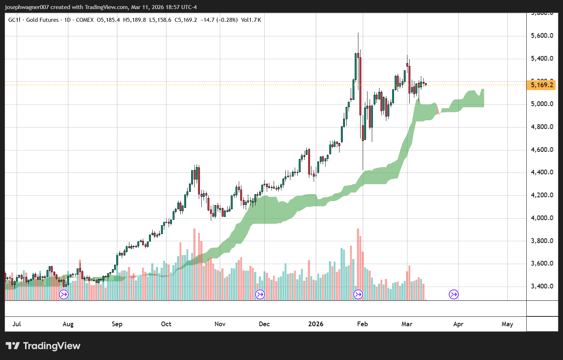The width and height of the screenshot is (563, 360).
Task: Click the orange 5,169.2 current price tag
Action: point(542,85)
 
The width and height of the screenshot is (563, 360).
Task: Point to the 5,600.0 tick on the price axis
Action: point(542,36)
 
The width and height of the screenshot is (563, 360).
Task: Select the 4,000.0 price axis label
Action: point(542,218)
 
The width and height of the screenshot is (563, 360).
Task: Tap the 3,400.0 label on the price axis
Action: point(542,286)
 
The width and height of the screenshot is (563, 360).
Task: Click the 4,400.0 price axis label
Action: point(542,172)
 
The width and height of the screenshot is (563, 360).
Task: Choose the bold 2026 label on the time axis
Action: point(315,324)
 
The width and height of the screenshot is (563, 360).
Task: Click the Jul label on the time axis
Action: point(17,324)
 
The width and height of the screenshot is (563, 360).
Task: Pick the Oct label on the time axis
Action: point(166,324)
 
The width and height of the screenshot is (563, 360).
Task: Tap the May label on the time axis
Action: point(507,324)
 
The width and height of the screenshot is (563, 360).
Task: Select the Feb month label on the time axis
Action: point(362,324)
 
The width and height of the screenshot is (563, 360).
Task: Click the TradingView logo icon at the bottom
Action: point(13,346)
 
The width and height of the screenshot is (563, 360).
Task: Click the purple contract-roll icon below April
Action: point(454,294)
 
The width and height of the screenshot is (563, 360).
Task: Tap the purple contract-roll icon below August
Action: point(64,294)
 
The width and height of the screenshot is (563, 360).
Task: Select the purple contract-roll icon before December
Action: point(260,294)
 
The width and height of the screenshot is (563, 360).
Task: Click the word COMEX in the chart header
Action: point(85,20)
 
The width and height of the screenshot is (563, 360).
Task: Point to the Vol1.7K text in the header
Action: point(251,20)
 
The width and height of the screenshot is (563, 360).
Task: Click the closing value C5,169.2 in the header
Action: point(186,20)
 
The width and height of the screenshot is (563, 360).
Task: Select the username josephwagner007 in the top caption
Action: point(27,7)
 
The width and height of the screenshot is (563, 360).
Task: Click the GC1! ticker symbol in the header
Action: point(15,20)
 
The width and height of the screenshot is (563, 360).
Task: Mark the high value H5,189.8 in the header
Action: point(134,20)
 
